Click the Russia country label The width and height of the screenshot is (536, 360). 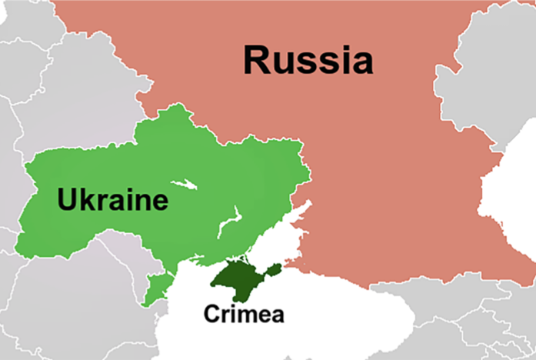pyautogui.click(x=308, y=60)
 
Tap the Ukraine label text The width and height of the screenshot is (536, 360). pyautogui.click(x=112, y=201)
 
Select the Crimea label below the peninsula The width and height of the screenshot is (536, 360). pyautogui.click(x=243, y=314)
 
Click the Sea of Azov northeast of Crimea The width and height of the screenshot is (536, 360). pyautogui.click(x=277, y=238)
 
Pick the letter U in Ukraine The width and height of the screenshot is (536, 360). pyautogui.click(x=68, y=201)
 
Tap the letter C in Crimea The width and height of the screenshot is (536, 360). pyautogui.click(x=211, y=314)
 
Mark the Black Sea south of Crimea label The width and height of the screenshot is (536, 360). pyautogui.click(x=254, y=342)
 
